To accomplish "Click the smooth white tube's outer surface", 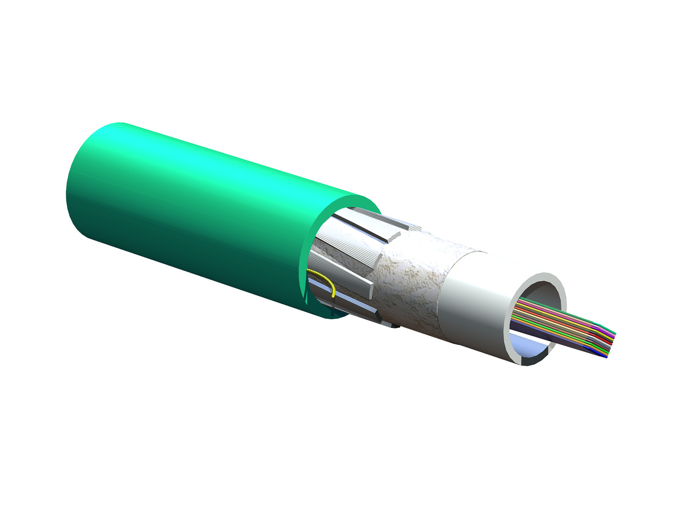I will pyautogui.click(x=474, y=303).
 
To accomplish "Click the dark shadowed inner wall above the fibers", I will pyautogui.click(x=540, y=297).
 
